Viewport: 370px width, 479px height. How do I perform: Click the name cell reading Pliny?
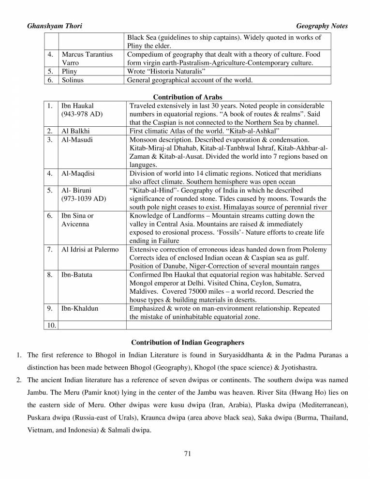pyautogui.click(x=70, y=72)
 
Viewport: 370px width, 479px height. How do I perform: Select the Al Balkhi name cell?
pyautogui.click(x=75, y=131)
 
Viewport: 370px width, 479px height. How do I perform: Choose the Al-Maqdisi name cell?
pyautogui.click(x=78, y=173)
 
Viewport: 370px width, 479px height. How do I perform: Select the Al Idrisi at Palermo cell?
pyautogui.click(x=89, y=249)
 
